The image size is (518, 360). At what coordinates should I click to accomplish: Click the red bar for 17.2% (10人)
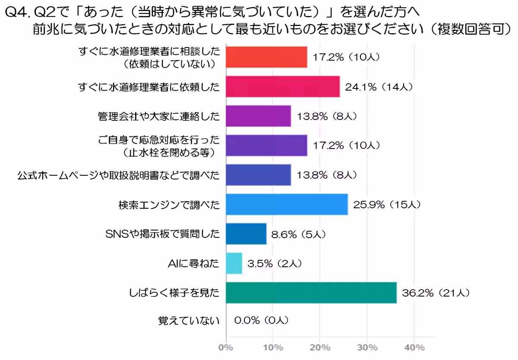click(266, 57)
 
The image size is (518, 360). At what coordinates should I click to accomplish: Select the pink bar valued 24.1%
click(283, 87)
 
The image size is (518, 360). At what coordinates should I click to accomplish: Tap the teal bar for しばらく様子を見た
click(311, 293)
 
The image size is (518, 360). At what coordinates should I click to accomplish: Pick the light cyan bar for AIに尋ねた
click(234, 263)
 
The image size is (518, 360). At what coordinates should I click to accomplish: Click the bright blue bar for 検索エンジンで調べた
click(287, 204)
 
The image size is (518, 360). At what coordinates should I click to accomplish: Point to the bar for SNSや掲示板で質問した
click(246, 234)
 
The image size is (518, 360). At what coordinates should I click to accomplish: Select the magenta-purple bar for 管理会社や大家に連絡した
click(258, 116)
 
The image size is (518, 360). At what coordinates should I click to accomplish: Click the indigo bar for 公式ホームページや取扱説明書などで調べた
click(258, 175)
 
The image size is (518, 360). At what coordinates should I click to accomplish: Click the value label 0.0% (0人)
click(261, 321)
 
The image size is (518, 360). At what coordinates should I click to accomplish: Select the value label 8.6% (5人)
click(298, 234)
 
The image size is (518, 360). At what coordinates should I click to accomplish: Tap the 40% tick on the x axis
click(414, 347)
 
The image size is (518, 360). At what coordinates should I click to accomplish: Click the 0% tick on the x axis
click(226, 347)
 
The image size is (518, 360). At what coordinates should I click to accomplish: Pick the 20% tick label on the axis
click(320, 347)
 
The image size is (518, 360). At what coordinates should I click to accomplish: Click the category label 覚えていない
click(188, 321)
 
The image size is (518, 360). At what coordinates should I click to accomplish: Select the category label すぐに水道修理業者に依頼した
click(149, 87)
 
